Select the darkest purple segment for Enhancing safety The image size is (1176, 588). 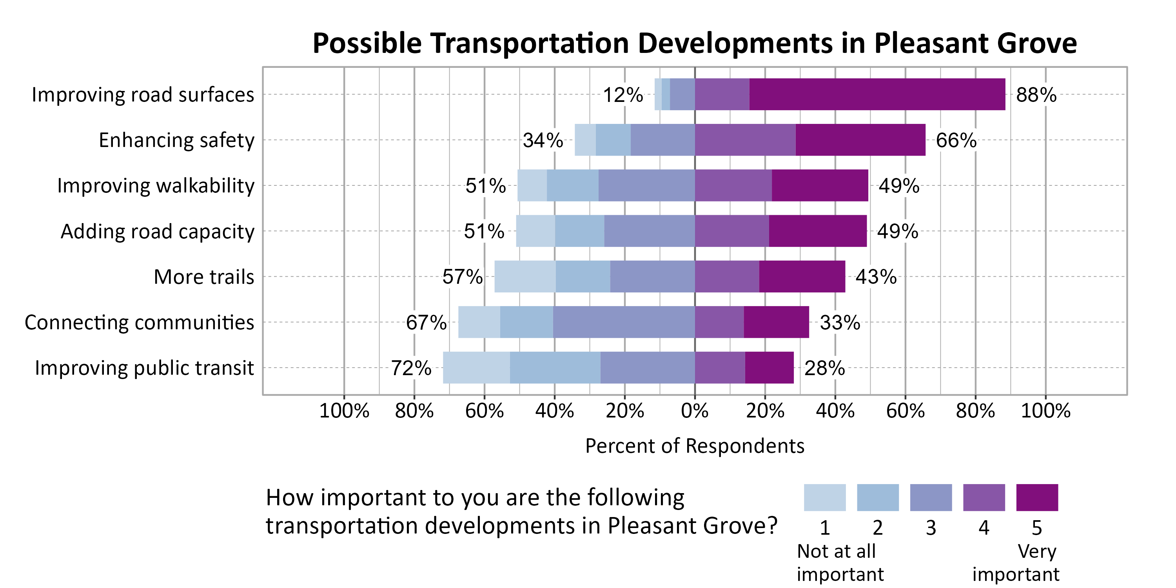[x=860, y=140]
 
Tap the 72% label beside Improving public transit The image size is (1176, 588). [x=411, y=368]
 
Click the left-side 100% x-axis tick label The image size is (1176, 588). [x=344, y=411]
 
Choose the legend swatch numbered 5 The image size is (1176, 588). [x=1037, y=497]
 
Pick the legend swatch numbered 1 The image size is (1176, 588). [x=824, y=497]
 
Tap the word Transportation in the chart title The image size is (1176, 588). [x=530, y=44]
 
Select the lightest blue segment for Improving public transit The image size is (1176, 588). [x=476, y=368]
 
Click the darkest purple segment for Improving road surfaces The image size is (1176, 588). [x=877, y=94]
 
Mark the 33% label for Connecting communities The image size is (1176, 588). [x=840, y=323]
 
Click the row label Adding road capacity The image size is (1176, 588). [x=158, y=231]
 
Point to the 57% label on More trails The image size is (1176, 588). [x=462, y=277]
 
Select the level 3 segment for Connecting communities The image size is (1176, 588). [x=624, y=322]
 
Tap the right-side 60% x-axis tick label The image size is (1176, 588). [x=905, y=411]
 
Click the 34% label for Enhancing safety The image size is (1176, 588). [x=543, y=140]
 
